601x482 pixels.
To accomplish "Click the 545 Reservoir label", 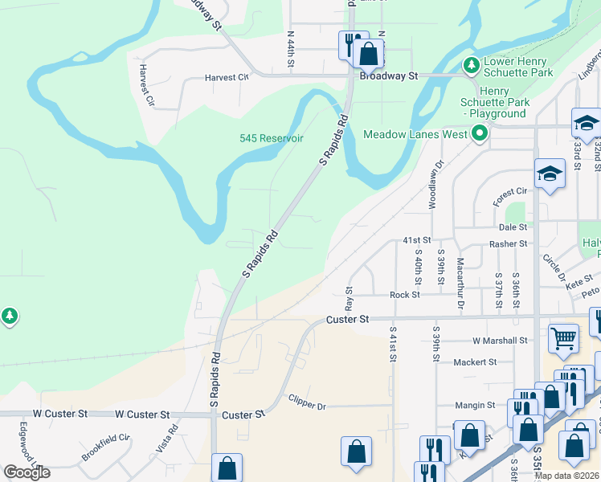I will click(272, 138).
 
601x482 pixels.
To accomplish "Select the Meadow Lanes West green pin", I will click(480, 133).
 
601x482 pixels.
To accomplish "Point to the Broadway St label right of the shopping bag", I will click(390, 76).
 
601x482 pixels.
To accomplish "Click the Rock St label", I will click(405, 295).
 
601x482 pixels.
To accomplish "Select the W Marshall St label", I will click(500, 341).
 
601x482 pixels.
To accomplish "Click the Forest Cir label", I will click(510, 191).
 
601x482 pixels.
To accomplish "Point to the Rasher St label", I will click(508, 243).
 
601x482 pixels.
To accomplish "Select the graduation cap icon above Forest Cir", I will click(550, 174).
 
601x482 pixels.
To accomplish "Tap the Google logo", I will click(27, 472).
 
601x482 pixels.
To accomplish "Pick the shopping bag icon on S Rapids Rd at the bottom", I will click(227, 467).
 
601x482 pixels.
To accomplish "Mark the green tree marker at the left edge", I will click(10, 317).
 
